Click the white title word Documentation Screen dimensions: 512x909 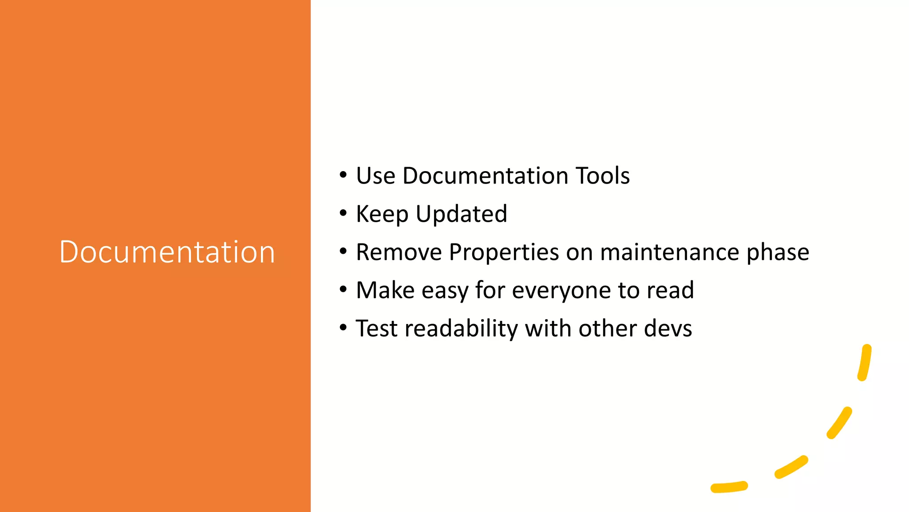[x=167, y=252]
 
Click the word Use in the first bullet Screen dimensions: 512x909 [x=375, y=176]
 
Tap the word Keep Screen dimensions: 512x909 [x=382, y=214]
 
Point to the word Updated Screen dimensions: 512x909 [x=461, y=215]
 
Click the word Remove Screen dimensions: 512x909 [x=399, y=252]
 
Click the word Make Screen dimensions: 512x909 [x=385, y=290]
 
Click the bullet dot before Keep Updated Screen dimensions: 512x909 [x=343, y=214]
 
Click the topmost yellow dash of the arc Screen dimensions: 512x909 [x=865, y=362]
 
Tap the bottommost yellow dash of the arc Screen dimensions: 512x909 [x=729, y=487]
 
